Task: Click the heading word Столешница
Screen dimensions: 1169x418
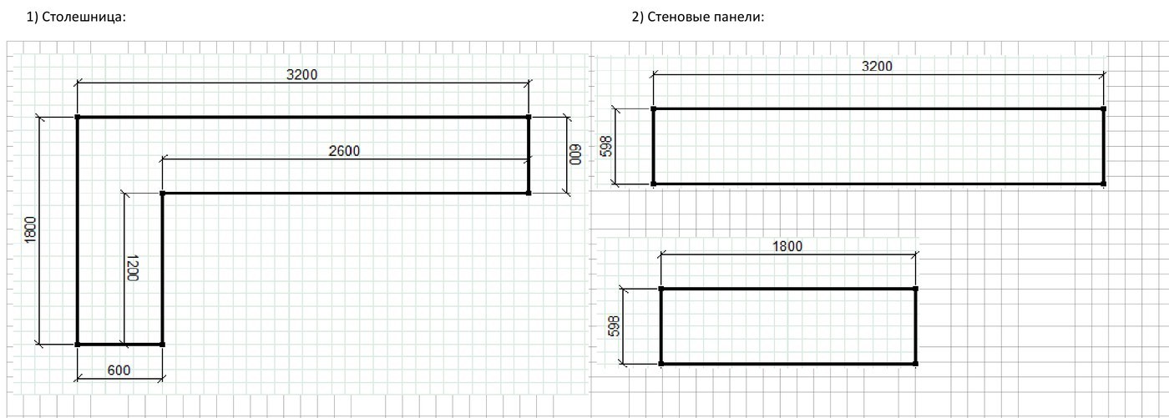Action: (83, 18)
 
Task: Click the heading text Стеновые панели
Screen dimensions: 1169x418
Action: (705, 18)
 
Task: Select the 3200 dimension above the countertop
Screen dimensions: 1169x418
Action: (301, 74)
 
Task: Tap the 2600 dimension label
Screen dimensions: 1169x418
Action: (344, 151)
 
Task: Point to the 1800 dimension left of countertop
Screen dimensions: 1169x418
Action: (30, 229)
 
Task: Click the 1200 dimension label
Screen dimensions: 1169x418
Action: (132, 268)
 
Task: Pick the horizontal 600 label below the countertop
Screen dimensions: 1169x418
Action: (119, 370)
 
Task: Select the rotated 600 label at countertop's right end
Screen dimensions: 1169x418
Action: (574, 155)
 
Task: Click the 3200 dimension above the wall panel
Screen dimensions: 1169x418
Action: (877, 66)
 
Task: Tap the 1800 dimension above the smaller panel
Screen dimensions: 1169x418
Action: (787, 246)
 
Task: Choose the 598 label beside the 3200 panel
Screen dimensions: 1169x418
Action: (606, 147)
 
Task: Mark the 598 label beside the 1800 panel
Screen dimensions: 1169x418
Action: (615, 325)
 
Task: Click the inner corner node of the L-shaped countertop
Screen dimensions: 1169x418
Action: (162, 194)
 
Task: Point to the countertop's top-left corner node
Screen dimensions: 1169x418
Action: (77, 118)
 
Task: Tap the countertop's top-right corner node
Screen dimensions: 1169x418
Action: (528, 118)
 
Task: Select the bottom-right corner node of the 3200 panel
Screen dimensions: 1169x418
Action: (1103, 184)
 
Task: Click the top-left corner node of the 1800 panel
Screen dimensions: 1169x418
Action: (660, 289)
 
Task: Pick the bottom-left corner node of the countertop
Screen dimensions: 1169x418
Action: (77, 345)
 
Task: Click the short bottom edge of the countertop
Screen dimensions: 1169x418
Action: (119, 345)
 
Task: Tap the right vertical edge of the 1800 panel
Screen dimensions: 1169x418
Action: (916, 326)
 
